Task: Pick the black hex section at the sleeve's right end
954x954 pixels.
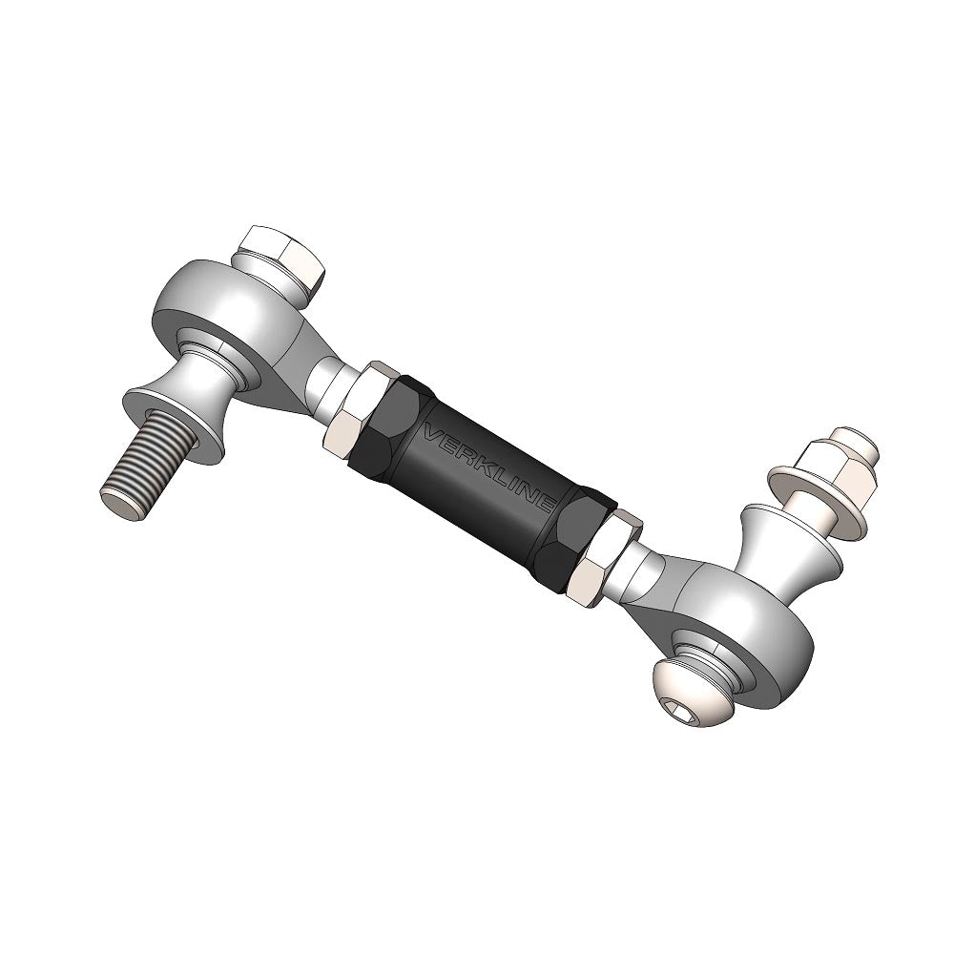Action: (572, 539)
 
